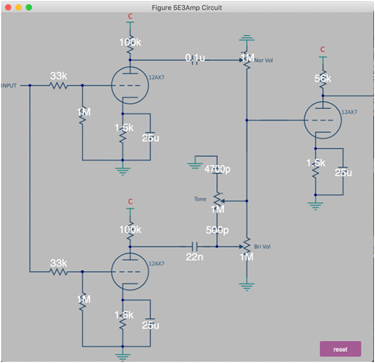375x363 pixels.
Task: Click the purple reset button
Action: (341, 349)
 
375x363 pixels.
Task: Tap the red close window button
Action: (8, 8)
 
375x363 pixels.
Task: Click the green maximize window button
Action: (29, 8)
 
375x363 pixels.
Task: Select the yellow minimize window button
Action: (18, 8)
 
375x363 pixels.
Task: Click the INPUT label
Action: (9, 86)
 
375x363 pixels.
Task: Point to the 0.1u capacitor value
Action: (195, 58)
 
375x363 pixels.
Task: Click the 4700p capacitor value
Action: (217, 169)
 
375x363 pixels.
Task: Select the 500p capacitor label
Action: (217, 230)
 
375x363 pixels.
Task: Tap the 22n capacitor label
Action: (194, 257)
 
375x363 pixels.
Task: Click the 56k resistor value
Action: (322, 78)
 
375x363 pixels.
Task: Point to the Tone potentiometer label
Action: (200, 199)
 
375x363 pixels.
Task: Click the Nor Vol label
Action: (263, 60)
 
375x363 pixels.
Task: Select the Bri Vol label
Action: (262, 247)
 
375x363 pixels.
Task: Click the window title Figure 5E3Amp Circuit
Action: (187, 8)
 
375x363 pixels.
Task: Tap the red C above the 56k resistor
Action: (322, 49)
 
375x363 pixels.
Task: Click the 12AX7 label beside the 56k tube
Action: (349, 112)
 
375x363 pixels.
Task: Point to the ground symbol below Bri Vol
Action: (247, 287)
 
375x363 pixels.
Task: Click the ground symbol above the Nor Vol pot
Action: (247, 38)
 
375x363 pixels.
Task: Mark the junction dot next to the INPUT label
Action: (30, 85)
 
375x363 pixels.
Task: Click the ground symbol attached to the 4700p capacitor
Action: (195, 166)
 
